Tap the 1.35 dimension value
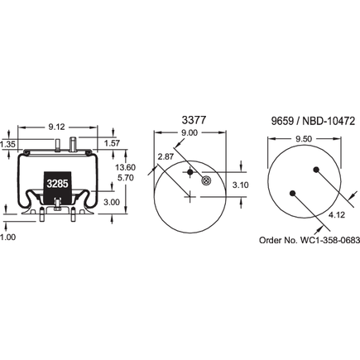tap(8, 145)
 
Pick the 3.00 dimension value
tap(112, 201)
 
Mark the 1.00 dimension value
tap(8, 238)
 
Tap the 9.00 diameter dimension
tap(190, 133)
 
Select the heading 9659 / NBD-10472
tap(310, 119)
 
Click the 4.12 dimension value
tap(337, 215)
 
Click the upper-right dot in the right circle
tap(317, 170)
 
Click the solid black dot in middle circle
tap(190, 171)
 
